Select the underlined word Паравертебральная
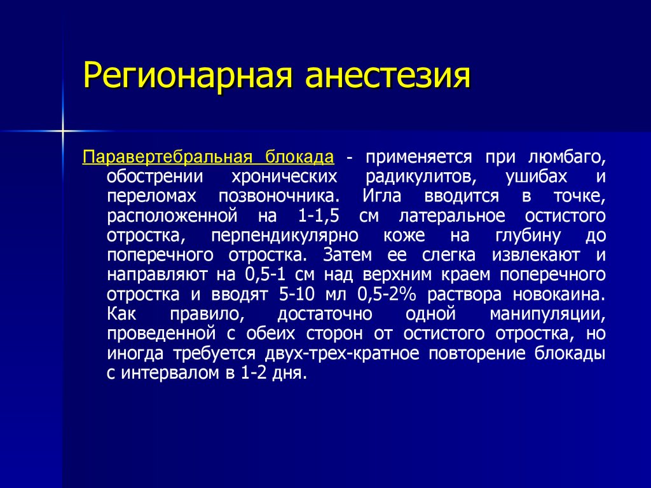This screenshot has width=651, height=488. coord(167,158)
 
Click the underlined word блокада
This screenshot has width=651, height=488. coord(300,157)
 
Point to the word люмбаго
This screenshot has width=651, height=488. coord(566,158)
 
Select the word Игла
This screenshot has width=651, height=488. coord(382,196)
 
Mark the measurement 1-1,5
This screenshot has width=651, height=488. coord(319,216)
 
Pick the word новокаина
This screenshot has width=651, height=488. coord(559,295)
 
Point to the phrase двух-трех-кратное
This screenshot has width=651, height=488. coord(341,354)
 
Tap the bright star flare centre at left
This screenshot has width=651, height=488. coord(63,131)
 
